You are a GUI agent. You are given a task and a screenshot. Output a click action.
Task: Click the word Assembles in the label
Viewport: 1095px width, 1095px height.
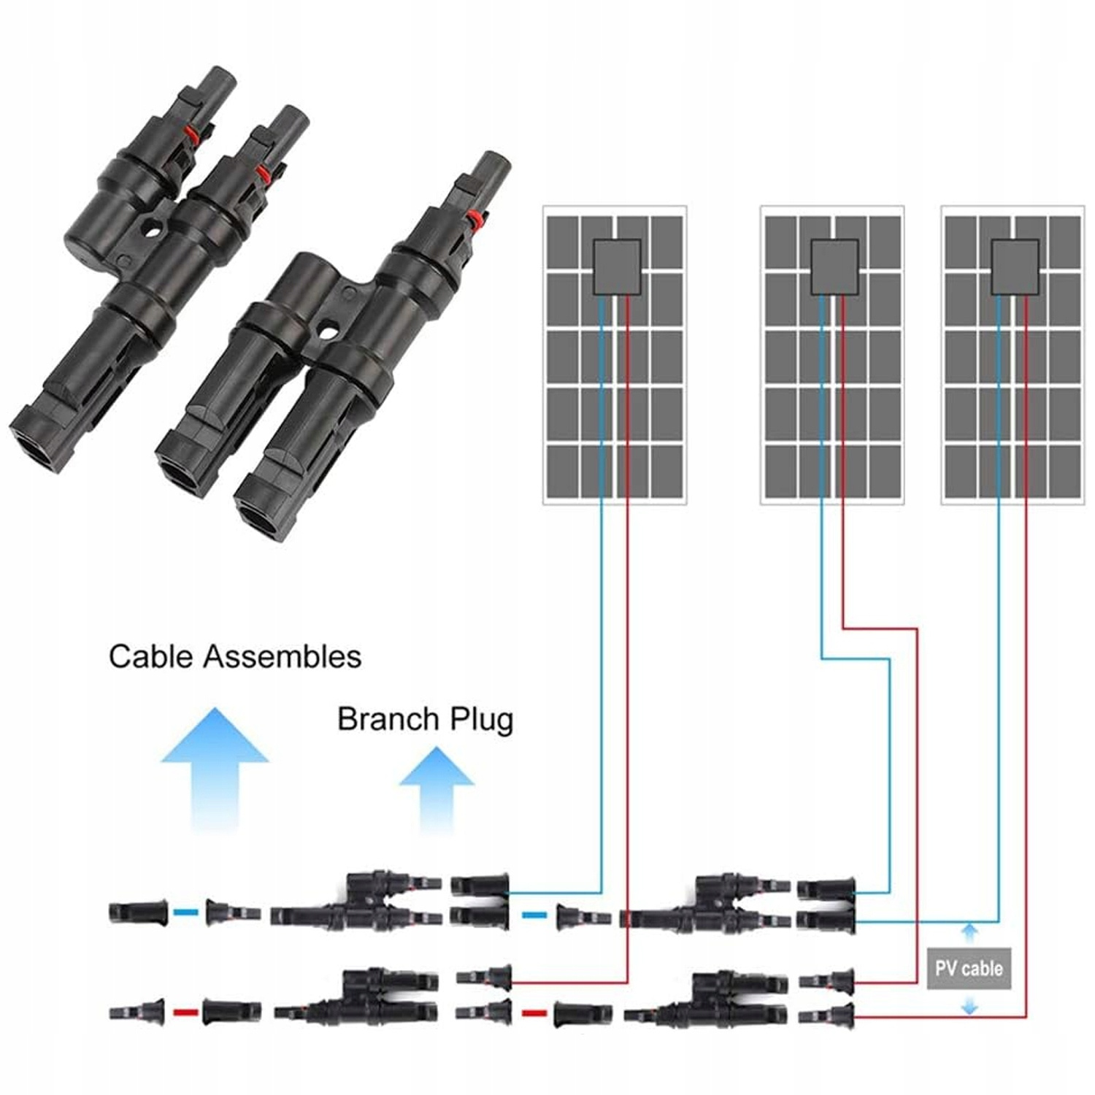(282, 656)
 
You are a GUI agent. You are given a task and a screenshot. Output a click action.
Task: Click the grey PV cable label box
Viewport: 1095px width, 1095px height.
(969, 969)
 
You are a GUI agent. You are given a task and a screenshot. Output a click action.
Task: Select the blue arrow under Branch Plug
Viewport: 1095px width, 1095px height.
(437, 788)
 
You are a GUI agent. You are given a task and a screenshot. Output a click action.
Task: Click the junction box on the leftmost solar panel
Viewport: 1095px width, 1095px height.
(617, 267)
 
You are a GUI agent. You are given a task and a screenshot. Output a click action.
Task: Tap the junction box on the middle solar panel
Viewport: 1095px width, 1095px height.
(834, 267)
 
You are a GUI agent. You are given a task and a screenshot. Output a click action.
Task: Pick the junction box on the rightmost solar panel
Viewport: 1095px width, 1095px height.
(1015, 267)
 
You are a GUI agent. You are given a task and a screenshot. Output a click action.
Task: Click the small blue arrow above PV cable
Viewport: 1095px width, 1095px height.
(969, 932)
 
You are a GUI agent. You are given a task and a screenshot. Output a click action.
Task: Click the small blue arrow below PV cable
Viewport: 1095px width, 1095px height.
(969, 1007)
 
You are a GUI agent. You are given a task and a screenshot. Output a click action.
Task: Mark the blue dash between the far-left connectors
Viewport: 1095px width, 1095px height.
(186, 912)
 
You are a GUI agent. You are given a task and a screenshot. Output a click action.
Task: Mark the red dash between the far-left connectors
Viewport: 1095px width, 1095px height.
(185, 1013)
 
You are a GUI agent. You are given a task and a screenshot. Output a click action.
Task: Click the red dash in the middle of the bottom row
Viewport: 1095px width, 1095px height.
(534, 1013)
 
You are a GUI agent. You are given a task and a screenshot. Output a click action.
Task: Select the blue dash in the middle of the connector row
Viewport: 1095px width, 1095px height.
(535, 914)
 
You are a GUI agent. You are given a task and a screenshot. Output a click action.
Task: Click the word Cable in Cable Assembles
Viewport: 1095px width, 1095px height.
(150, 656)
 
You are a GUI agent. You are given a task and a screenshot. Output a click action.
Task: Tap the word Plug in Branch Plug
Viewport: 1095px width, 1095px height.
(481, 719)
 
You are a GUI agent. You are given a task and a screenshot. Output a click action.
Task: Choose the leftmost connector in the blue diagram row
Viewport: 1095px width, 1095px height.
(130, 912)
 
